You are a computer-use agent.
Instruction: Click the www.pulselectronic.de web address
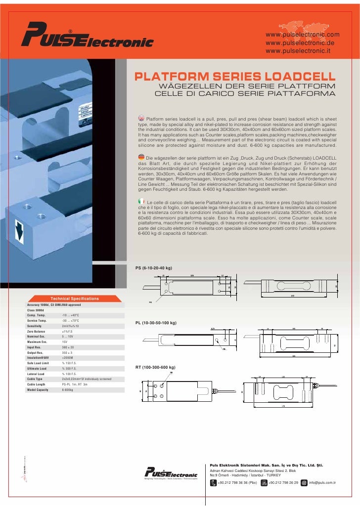(303, 43)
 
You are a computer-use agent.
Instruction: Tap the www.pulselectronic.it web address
(302, 51)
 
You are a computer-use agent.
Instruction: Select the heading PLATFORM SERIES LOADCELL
(235, 78)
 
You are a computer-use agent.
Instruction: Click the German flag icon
(141, 157)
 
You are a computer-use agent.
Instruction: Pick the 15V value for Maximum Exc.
(65, 342)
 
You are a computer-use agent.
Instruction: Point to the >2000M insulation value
(68, 357)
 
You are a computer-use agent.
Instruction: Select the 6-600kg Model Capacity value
(68, 390)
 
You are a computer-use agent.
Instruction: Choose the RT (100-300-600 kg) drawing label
(155, 368)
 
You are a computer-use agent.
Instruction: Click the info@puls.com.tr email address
(322, 483)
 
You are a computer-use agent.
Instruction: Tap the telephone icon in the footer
(213, 483)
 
